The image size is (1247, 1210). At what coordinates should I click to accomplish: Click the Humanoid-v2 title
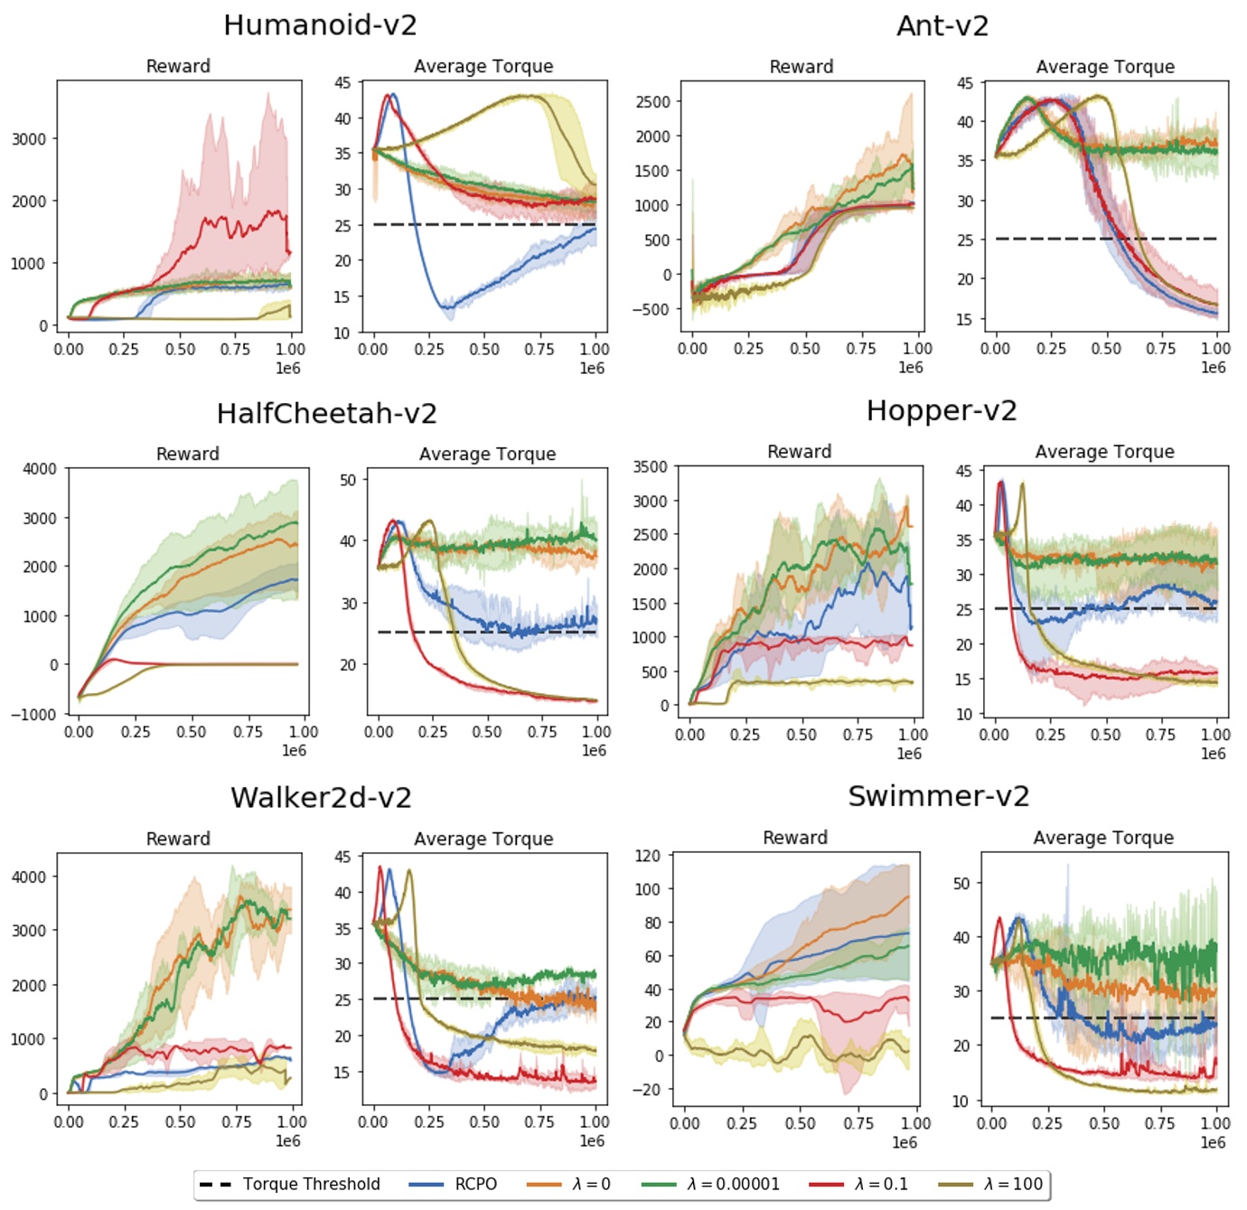[320, 25]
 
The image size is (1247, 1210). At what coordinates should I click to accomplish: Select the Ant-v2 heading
[942, 26]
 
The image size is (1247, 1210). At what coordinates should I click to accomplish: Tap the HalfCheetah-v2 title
[326, 414]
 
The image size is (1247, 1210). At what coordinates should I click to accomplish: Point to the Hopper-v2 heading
[941, 411]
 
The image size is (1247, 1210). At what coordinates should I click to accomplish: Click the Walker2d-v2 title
[321, 798]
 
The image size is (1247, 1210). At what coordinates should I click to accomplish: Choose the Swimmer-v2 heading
[938, 796]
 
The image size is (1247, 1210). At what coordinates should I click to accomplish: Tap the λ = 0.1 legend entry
[880, 1184]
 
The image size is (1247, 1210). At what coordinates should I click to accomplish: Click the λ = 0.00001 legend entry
[732, 1184]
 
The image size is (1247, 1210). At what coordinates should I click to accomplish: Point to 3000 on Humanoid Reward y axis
[28, 139]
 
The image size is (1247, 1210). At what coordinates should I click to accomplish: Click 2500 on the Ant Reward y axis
[652, 102]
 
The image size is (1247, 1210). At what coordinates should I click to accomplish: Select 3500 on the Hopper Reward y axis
[650, 467]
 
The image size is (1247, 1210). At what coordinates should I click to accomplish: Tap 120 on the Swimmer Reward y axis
[647, 856]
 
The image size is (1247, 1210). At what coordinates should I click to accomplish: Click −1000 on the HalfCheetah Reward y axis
[33, 715]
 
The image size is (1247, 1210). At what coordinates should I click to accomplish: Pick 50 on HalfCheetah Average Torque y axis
[348, 480]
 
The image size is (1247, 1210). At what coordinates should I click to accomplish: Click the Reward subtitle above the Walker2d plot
[178, 839]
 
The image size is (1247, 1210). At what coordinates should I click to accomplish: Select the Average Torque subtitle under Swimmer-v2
[1103, 838]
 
